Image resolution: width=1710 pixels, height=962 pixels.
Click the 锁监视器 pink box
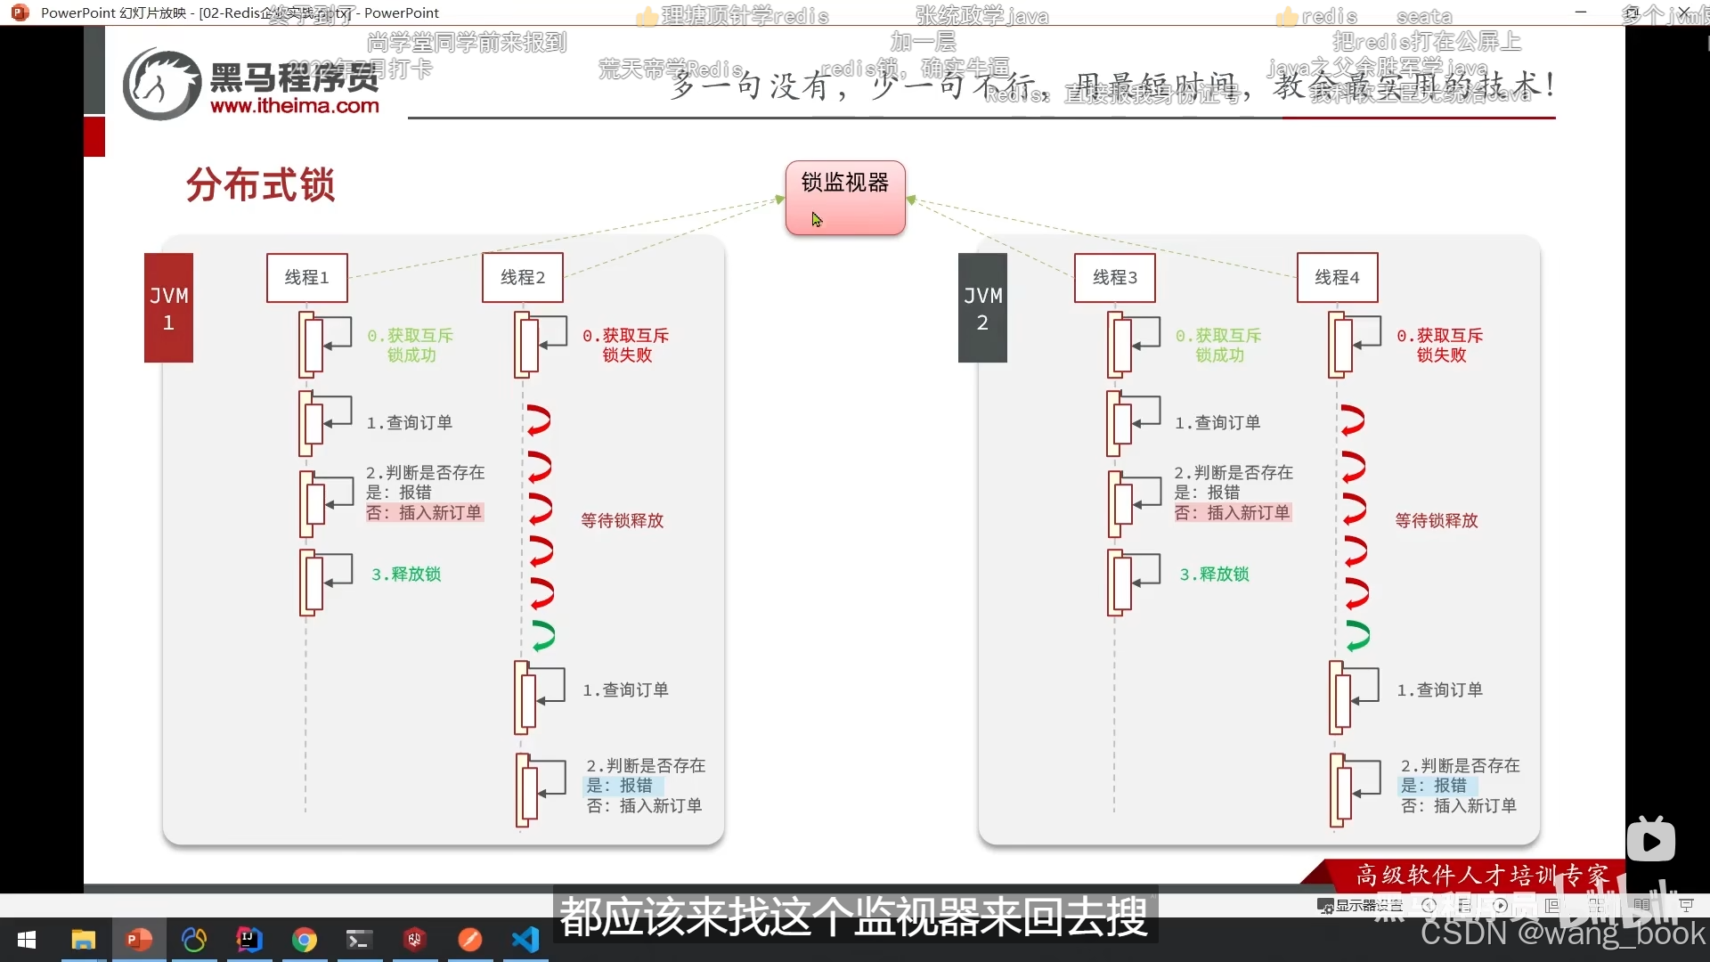pos(844,197)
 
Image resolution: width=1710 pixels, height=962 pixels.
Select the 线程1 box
pos(306,278)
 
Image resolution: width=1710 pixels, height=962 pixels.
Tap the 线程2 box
pos(523,278)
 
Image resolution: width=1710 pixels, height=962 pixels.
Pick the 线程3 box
pos(1115,278)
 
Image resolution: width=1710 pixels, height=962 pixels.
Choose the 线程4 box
pos(1337,278)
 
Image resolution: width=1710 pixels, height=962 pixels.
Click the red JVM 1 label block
pos(168,308)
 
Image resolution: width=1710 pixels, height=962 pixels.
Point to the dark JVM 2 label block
pos(982,308)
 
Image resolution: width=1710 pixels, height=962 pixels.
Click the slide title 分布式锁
pos(260,185)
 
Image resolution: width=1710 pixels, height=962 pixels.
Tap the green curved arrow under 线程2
pos(542,635)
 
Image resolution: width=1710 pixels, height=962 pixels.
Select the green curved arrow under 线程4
pos(1356,635)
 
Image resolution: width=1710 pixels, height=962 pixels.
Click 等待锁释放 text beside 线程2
pos(622,520)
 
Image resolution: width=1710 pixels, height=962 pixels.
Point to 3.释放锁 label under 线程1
pos(406,575)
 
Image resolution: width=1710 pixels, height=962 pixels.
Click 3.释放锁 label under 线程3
pos(1214,575)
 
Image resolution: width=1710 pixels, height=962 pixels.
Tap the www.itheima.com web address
pos(295,106)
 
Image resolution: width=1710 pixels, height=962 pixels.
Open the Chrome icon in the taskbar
pos(305,940)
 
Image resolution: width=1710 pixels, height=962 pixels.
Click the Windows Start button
pos(27,940)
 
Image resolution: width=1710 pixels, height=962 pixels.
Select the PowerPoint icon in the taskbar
pos(139,940)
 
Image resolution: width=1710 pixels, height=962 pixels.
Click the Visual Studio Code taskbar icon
pos(525,940)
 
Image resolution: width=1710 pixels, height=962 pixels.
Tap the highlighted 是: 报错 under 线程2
pos(620,786)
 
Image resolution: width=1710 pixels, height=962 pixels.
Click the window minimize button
pos(1581,12)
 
